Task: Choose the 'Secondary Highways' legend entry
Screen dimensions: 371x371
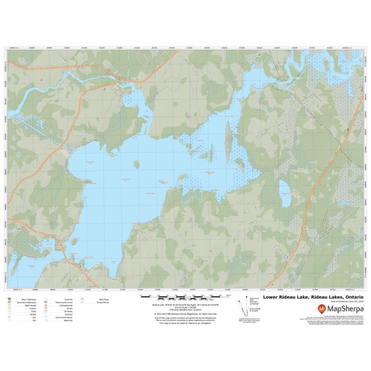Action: pos(30,303)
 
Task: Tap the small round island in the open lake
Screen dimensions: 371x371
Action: pos(136,164)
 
